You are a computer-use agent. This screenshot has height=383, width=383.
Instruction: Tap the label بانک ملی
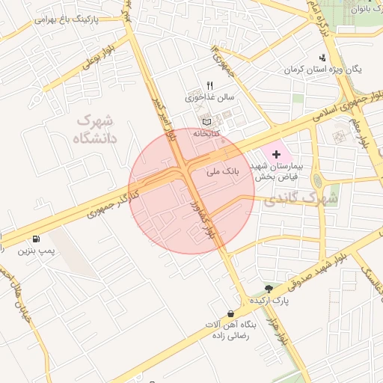click(221, 171)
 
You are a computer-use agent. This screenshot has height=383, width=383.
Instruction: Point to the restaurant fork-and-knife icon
click(210, 85)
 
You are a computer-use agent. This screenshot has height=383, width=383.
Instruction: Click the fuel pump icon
click(37, 239)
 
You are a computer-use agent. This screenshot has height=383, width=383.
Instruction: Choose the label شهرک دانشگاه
click(94, 129)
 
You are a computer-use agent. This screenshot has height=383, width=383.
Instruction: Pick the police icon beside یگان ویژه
click(322, 58)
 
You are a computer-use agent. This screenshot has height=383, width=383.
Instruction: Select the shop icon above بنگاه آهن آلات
click(230, 313)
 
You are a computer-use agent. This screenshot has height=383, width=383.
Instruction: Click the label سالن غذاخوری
click(210, 97)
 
